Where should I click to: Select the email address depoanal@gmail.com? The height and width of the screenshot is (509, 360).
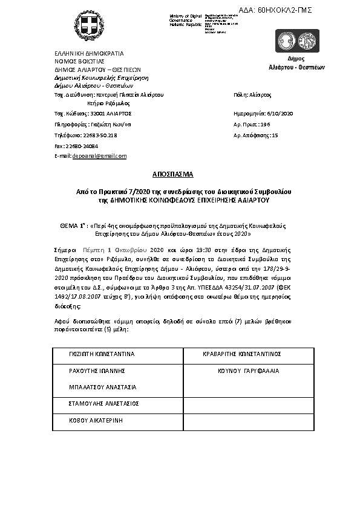pyautogui.click(x=99, y=155)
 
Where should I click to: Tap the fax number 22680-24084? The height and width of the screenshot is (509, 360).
pyautogui.click(x=82, y=146)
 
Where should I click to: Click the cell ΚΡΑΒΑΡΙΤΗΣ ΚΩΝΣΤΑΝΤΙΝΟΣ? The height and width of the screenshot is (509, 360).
pyautogui.click(x=241, y=354)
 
